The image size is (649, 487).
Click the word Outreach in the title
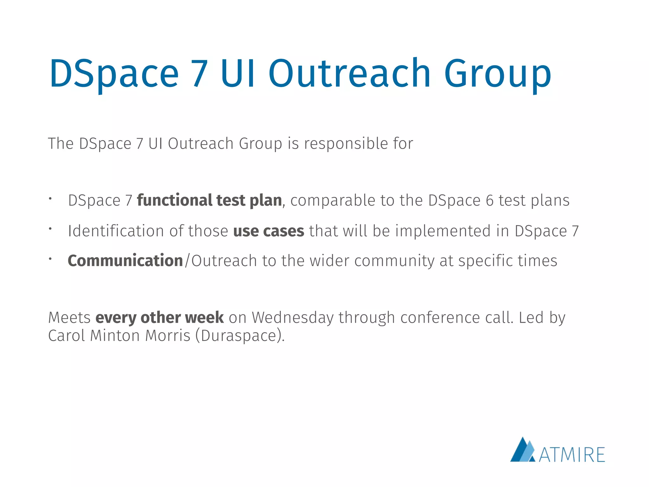point(350,74)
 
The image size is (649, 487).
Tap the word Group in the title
point(498,74)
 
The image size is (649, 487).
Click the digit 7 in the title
point(200,74)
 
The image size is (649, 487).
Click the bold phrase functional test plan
point(209,200)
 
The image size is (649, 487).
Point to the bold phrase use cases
point(269,231)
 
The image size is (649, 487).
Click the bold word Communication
point(125,261)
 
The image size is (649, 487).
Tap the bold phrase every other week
point(160,317)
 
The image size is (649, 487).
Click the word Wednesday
point(293,317)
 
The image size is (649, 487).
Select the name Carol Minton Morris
point(119,335)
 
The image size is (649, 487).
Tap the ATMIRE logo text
point(572,455)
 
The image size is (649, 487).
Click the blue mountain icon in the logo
point(522,450)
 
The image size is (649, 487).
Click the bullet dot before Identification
point(50,228)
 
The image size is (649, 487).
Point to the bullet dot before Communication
point(50,259)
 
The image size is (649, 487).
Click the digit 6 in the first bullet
point(490,200)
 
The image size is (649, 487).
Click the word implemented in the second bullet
point(443,231)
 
